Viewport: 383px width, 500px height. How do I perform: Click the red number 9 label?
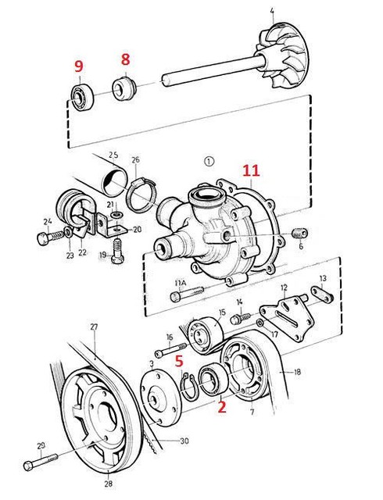tap(78, 67)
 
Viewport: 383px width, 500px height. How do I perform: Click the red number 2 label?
tap(221, 407)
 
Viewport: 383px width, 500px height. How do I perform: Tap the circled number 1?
tap(208, 163)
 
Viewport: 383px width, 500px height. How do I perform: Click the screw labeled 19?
tap(118, 254)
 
